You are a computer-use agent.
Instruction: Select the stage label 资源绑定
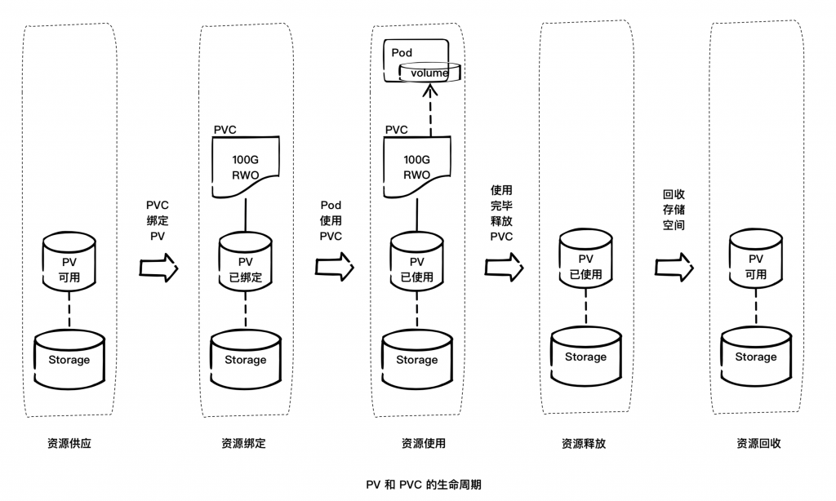coord(243,444)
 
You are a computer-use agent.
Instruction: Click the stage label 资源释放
coord(584,444)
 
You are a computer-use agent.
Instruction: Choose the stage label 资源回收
coord(758,444)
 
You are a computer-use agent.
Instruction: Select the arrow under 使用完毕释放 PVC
coord(503,267)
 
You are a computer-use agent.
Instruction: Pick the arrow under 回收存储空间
coord(674,267)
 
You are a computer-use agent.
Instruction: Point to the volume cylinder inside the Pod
coord(429,73)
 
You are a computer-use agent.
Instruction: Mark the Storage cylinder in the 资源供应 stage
coord(69,359)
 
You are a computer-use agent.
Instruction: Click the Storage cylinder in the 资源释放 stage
coord(585,357)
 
